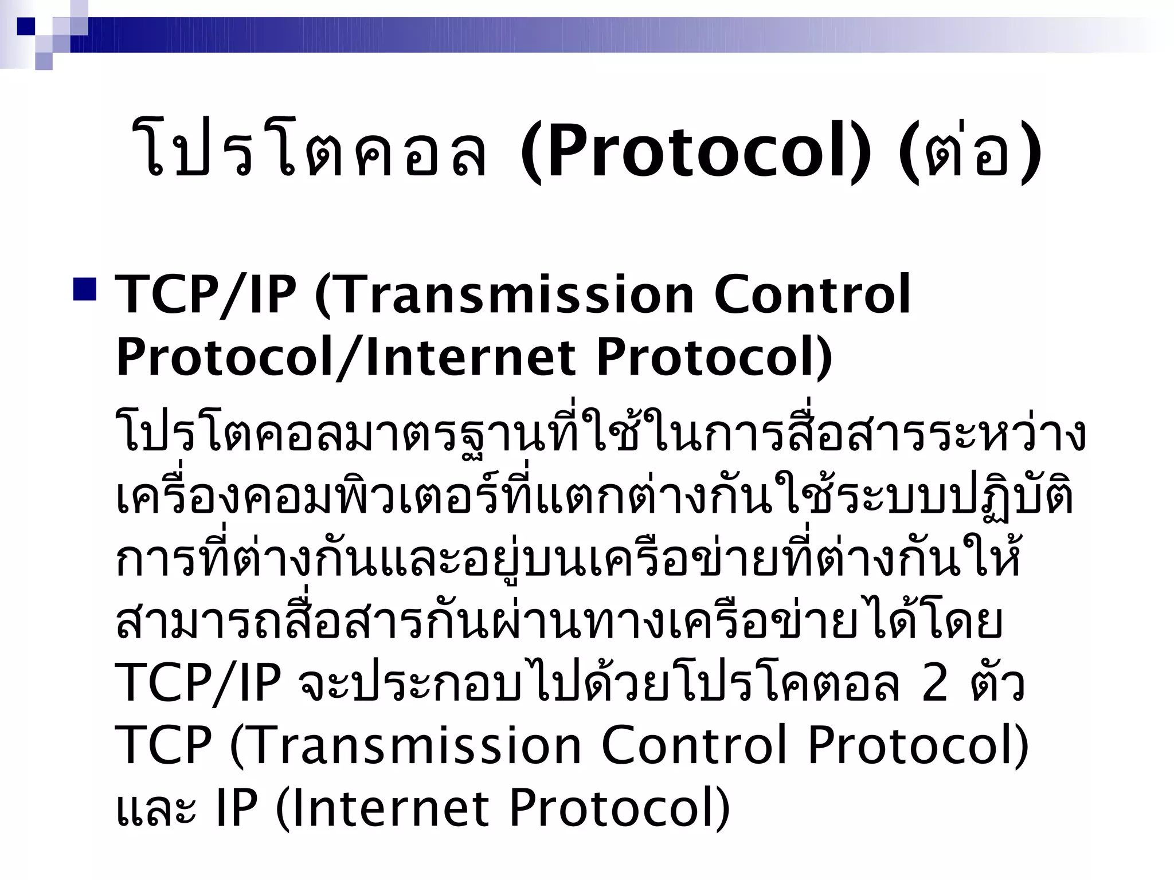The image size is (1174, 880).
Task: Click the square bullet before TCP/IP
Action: tap(84, 290)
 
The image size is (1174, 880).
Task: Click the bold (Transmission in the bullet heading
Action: tap(505, 296)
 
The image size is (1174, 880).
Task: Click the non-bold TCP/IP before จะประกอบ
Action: tap(198, 683)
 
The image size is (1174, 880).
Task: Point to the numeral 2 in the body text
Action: tap(934, 683)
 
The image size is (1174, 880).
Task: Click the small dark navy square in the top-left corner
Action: tap(26, 26)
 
